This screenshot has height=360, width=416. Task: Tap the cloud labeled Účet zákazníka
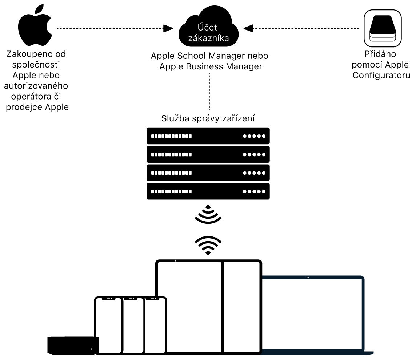208,33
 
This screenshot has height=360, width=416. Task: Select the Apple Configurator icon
383,28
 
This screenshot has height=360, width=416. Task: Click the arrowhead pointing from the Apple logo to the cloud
168,28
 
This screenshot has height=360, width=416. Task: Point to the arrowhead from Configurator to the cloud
248,28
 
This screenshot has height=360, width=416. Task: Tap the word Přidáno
380,54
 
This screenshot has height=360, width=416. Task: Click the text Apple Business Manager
211,67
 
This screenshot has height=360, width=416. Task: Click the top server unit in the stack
208,136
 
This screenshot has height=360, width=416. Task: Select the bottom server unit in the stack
208,191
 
